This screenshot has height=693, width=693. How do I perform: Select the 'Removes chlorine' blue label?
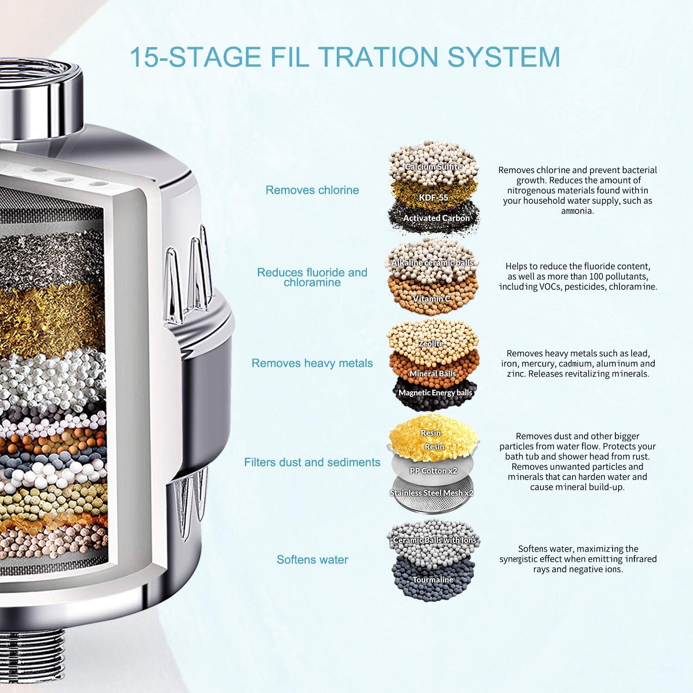point(312,190)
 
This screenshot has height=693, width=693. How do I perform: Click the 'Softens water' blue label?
point(312,559)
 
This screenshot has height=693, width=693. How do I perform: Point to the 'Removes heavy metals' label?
point(312,363)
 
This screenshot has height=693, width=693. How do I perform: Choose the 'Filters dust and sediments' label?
point(312,462)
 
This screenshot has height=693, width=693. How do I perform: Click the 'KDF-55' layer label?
point(433,197)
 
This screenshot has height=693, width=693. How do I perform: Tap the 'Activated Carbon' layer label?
point(436,218)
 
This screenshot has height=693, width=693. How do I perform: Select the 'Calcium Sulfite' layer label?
point(433,167)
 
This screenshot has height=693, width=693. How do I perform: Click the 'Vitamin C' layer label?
point(432,299)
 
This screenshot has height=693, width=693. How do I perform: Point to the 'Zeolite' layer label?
point(431,344)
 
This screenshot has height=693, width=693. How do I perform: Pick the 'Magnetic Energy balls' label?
point(435,393)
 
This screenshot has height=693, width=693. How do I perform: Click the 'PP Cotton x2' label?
point(433,471)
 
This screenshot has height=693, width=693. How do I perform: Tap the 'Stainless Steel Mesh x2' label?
point(432,493)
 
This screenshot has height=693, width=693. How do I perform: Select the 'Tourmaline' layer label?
point(433,579)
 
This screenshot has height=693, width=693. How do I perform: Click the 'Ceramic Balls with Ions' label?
point(435,540)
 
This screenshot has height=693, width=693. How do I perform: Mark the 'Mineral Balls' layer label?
point(432,373)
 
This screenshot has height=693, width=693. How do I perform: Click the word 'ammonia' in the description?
point(577,211)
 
